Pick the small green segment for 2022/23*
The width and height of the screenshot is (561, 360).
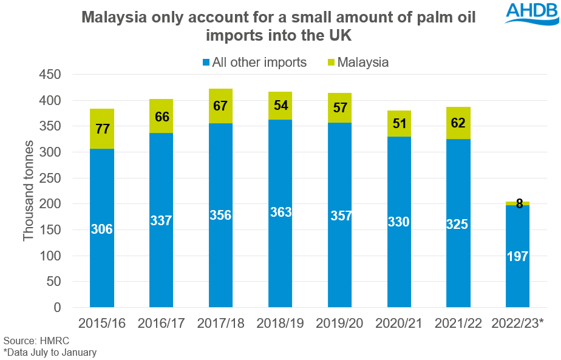[x=517, y=203]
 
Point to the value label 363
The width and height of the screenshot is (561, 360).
[x=280, y=212]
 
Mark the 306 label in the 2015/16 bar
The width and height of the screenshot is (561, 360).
[x=102, y=229]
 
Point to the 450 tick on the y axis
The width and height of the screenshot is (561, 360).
[x=51, y=75]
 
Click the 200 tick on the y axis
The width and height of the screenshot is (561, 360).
[x=51, y=205]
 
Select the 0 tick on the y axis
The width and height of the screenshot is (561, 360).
[x=59, y=308]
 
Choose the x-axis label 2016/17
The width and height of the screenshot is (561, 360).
[x=161, y=323]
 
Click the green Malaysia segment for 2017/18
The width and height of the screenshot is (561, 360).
[x=221, y=106]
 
